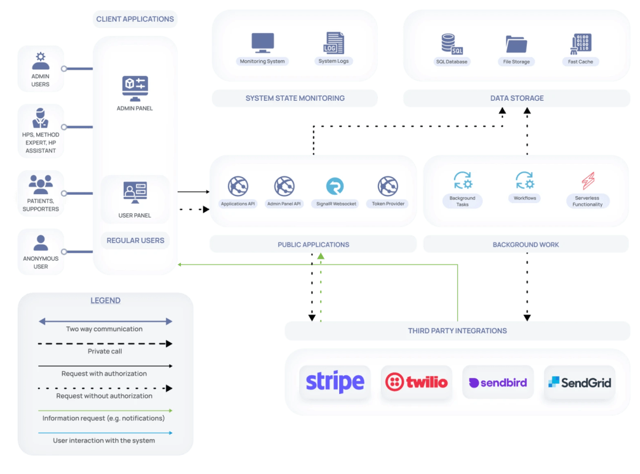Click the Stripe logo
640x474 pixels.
coord(335,382)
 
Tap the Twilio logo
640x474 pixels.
coord(417,382)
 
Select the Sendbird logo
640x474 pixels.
coord(498,382)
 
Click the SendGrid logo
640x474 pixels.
coord(580,382)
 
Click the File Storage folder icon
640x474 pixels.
coord(516,44)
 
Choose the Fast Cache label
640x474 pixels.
coord(580,62)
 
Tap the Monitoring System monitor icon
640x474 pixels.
coord(262,43)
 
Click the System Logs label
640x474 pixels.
coord(334,61)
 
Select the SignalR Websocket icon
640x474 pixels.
coord(335,186)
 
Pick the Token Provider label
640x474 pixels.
coord(388,204)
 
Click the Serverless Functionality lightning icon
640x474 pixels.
coord(588,181)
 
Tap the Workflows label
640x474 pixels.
coord(525,198)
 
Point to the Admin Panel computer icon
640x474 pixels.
coord(135,89)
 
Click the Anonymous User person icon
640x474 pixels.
coord(41,243)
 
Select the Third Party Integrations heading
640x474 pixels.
coord(457,331)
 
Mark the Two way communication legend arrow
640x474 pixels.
coord(105,321)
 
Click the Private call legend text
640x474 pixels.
coord(105,351)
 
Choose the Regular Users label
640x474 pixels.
coord(135,240)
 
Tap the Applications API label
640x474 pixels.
coord(238,204)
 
